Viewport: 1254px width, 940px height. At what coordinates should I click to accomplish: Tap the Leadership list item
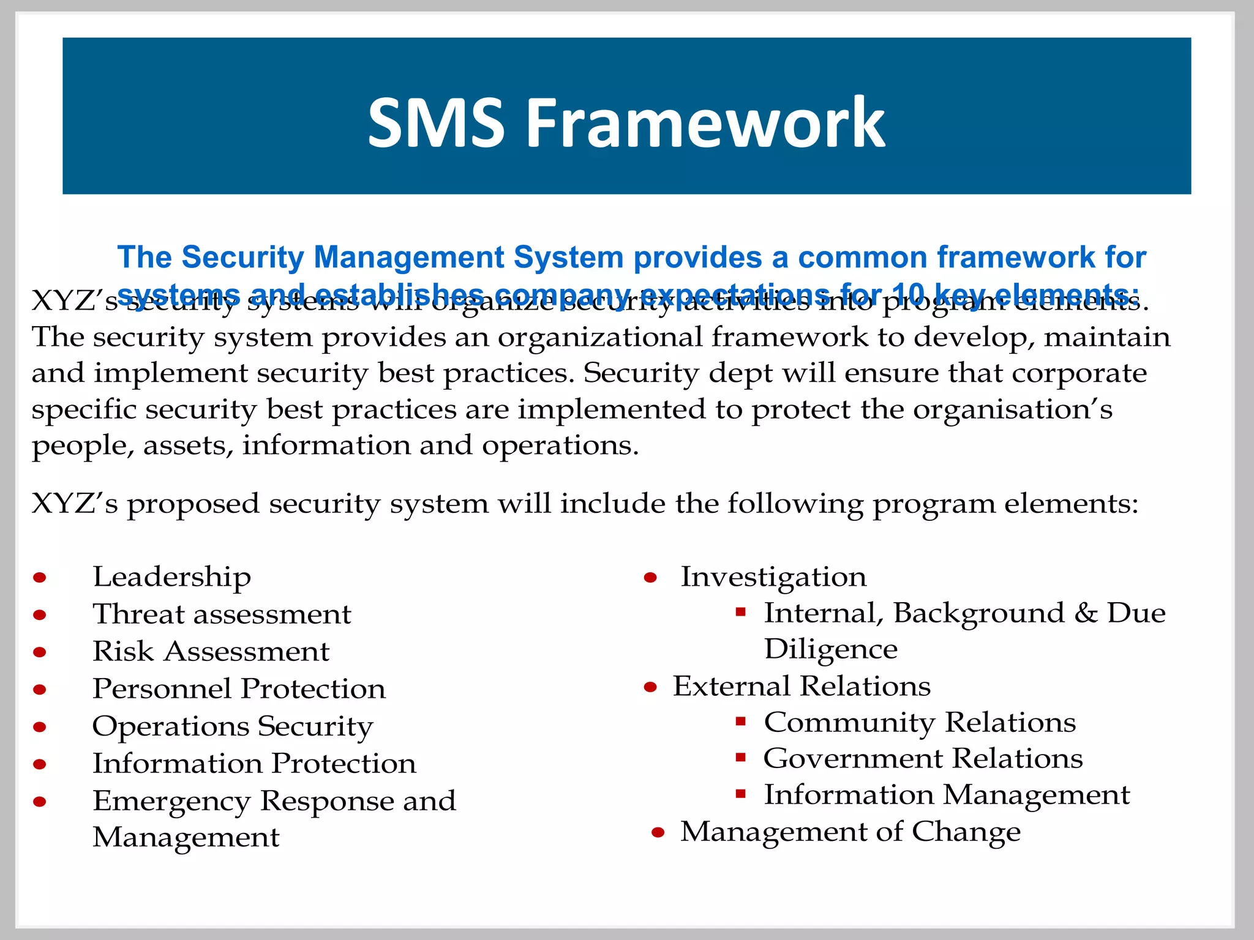(171, 577)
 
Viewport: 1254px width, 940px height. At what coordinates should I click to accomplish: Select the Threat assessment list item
(222, 614)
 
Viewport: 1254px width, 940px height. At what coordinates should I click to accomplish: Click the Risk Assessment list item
(211, 652)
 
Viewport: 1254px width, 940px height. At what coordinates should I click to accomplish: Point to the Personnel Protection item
(239, 689)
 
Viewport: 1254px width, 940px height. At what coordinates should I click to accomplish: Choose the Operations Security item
(233, 726)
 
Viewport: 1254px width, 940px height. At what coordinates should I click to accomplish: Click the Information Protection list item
(254, 764)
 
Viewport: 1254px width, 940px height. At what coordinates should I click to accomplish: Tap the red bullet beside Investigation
(650, 577)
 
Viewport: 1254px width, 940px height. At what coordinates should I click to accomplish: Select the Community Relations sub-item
(919, 723)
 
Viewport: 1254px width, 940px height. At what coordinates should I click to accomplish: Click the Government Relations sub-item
(923, 759)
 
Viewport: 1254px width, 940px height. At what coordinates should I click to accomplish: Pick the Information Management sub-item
(947, 795)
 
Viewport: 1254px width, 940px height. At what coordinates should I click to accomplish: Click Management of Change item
(850, 832)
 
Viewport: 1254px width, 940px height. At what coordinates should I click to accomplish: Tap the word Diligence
(830, 649)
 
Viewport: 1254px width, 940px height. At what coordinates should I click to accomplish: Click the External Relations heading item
(802, 687)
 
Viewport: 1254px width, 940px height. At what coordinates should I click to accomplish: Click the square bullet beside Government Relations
(740, 758)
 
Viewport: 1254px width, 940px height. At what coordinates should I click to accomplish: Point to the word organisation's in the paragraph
(1012, 409)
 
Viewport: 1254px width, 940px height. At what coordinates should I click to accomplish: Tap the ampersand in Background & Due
(1086, 613)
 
